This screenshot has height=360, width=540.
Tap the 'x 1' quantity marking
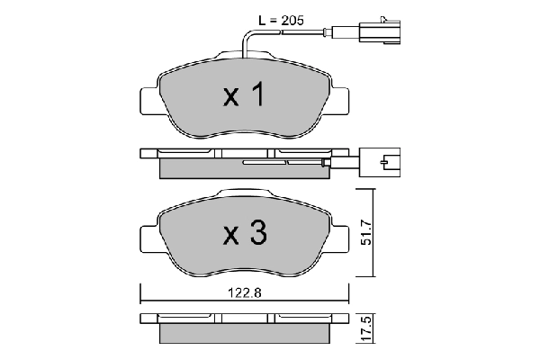[x=243, y=96]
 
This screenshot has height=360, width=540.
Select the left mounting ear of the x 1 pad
[x=148, y=100]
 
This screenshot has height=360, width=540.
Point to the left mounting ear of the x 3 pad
[x=148, y=238]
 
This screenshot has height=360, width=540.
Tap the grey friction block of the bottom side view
[x=243, y=334]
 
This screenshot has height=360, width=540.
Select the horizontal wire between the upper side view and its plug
[x=342, y=164]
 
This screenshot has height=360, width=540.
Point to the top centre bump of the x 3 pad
[x=243, y=193]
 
